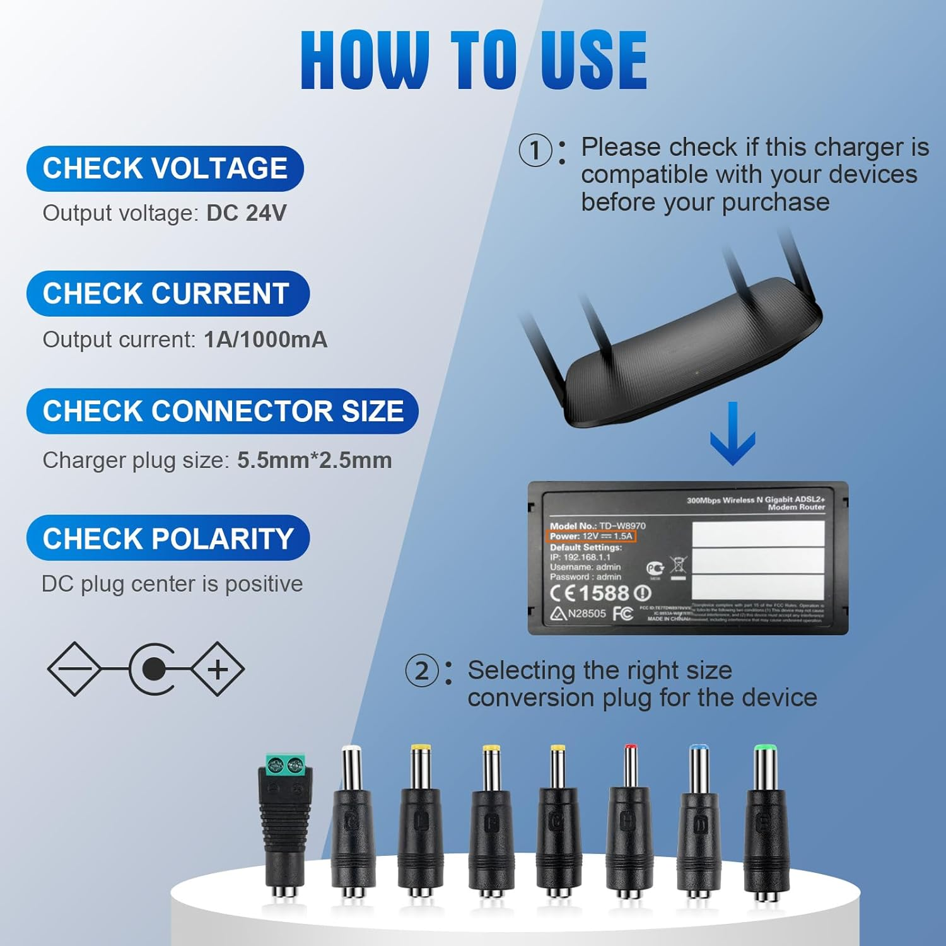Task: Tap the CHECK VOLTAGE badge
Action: click(165, 168)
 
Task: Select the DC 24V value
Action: click(246, 213)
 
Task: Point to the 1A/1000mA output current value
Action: click(266, 340)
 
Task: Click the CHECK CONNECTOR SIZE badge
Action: click(223, 411)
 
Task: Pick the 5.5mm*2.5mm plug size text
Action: click(314, 460)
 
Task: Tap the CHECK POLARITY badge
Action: click(168, 538)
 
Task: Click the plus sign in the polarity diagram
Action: click(218, 669)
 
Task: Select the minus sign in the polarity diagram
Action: click(74, 669)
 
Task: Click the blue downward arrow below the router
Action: click(732, 435)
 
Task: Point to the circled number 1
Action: click(535, 151)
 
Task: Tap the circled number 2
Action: click(421, 671)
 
